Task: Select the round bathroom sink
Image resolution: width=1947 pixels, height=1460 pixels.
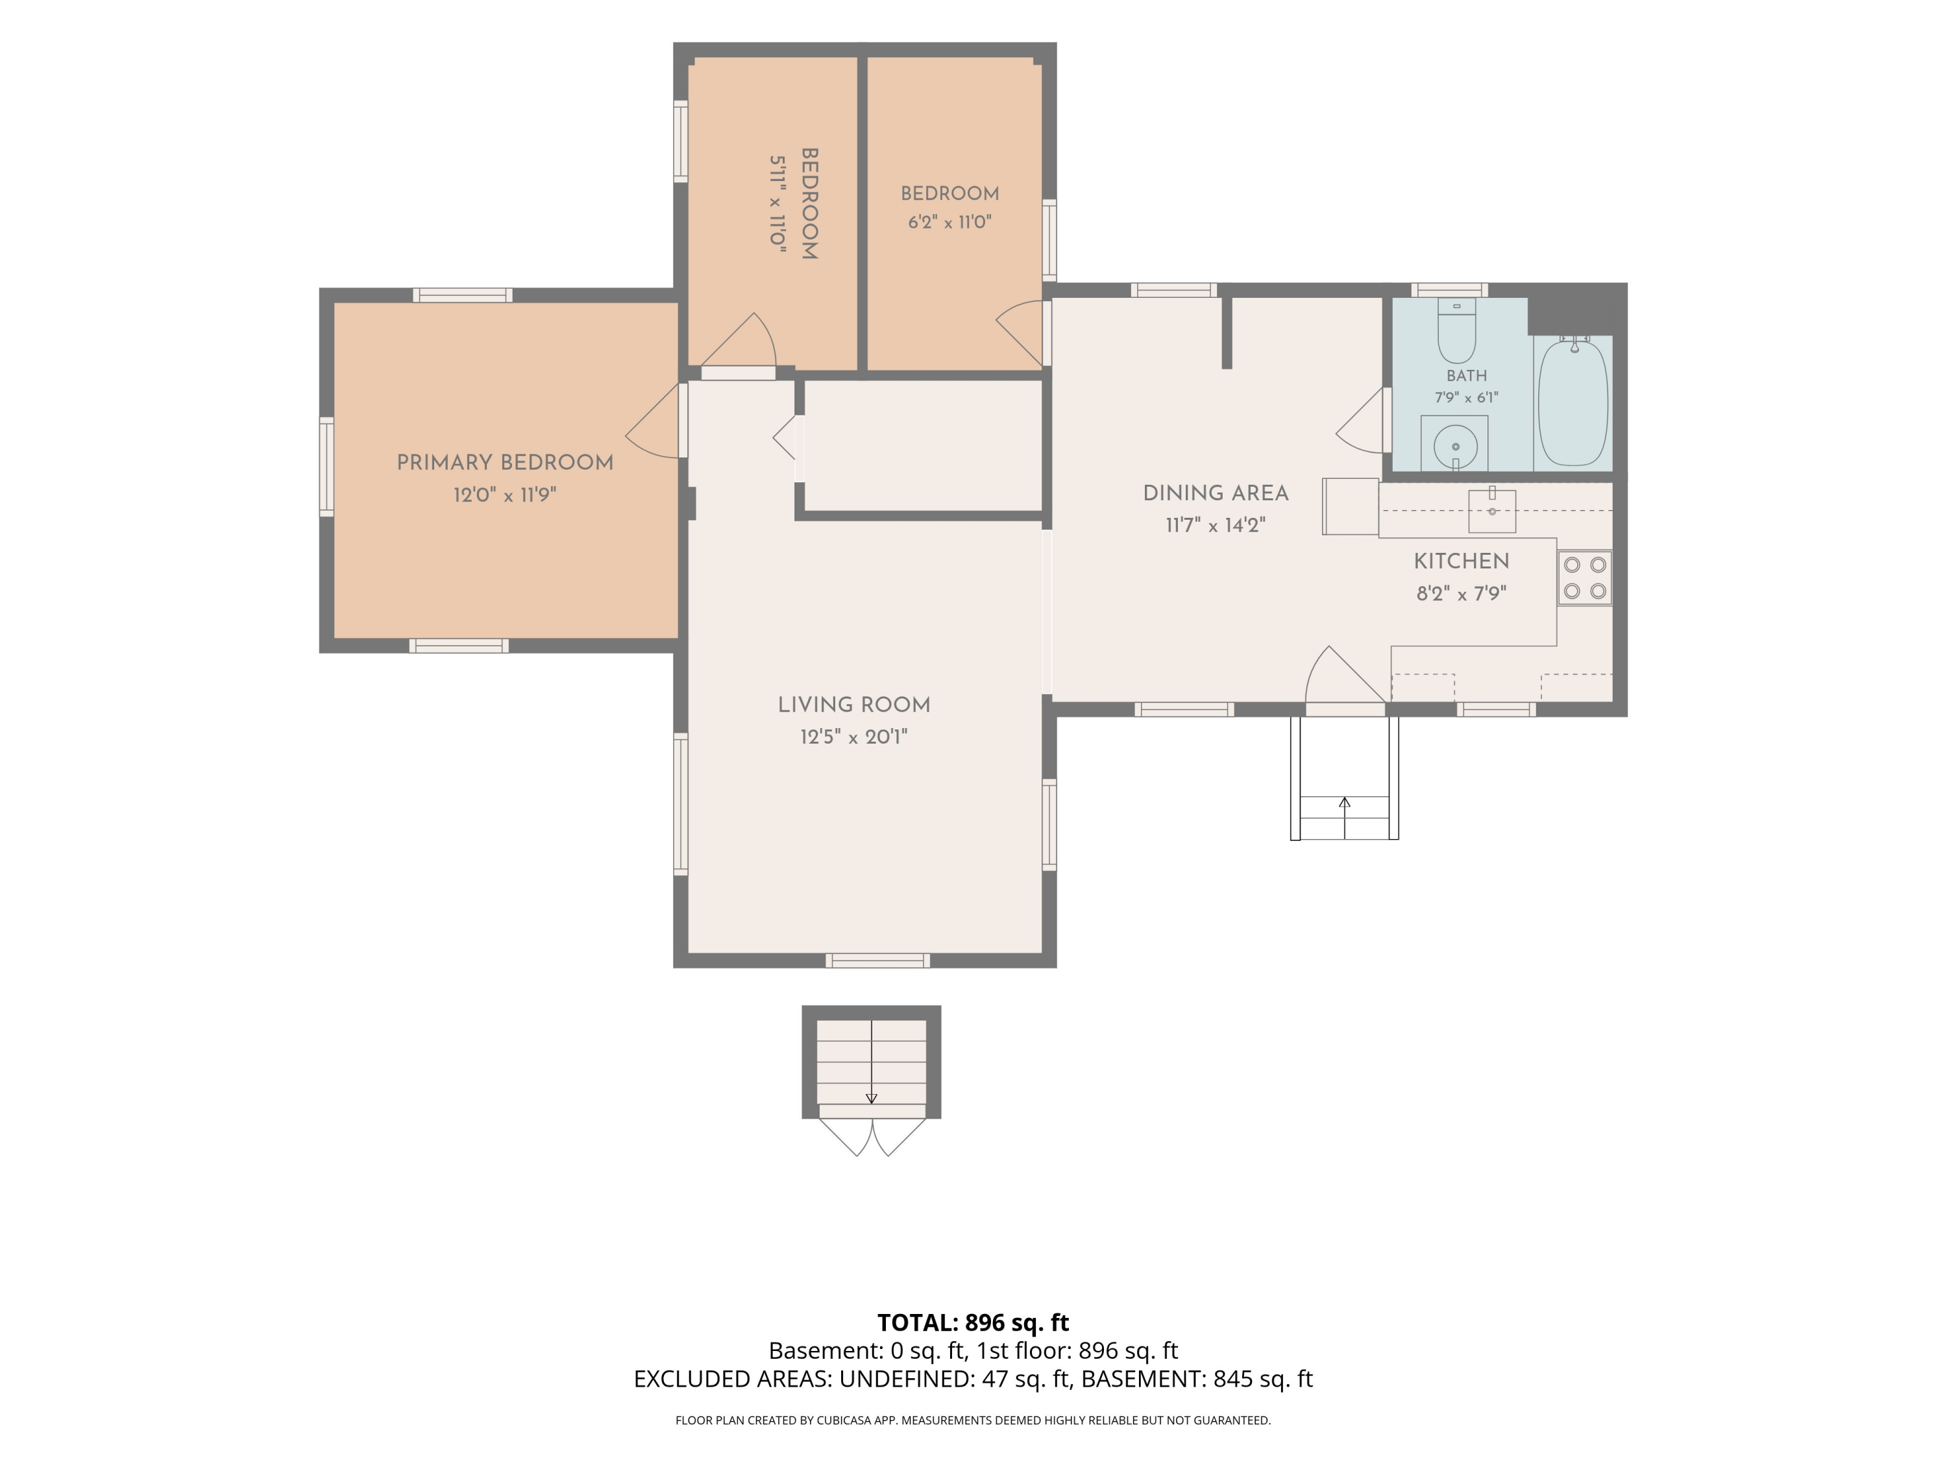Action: pyautogui.click(x=1455, y=446)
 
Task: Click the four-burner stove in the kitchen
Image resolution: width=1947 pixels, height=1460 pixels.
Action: pyautogui.click(x=1584, y=578)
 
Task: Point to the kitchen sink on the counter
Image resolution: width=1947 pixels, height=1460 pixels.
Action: pyautogui.click(x=1492, y=511)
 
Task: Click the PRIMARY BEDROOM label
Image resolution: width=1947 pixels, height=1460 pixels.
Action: pyautogui.click(x=504, y=463)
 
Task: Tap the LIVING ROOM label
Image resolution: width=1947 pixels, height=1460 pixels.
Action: pyautogui.click(x=854, y=705)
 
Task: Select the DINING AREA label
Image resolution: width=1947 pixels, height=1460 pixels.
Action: pyautogui.click(x=1216, y=494)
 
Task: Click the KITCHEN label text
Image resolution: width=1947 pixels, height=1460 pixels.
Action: pyautogui.click(x=1461, y=561)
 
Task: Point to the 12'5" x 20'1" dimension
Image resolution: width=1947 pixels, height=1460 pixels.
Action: pyautogui.click(x=854, y=736)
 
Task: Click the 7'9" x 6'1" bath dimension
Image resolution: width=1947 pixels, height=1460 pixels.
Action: pyautogui.click(x=1466, y=398)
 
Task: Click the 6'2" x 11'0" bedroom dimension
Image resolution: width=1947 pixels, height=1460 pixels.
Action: pyautogui.click(x=949, y=222)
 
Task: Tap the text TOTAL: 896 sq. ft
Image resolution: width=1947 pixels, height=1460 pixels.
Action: pyautogui.click(x=973, y=1322)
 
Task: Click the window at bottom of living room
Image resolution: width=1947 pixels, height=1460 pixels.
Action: pyautogui.click(x=877, y=960)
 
